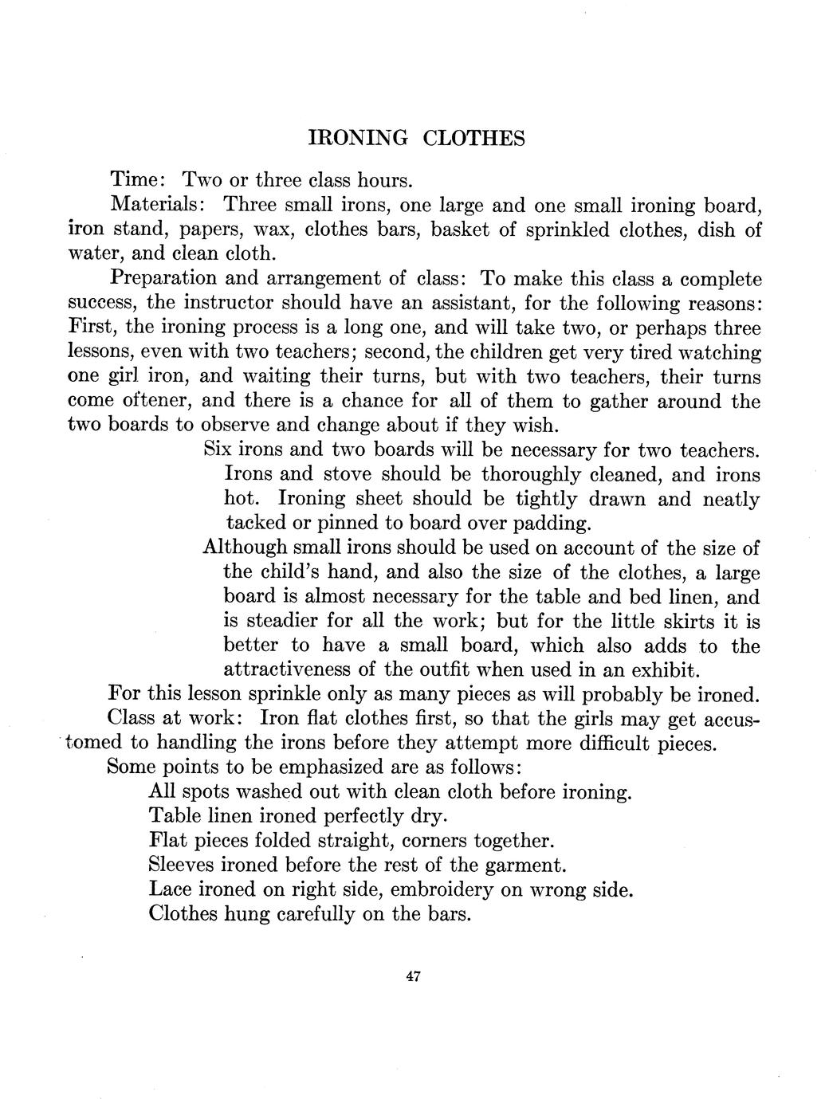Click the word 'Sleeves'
point(181,865)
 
